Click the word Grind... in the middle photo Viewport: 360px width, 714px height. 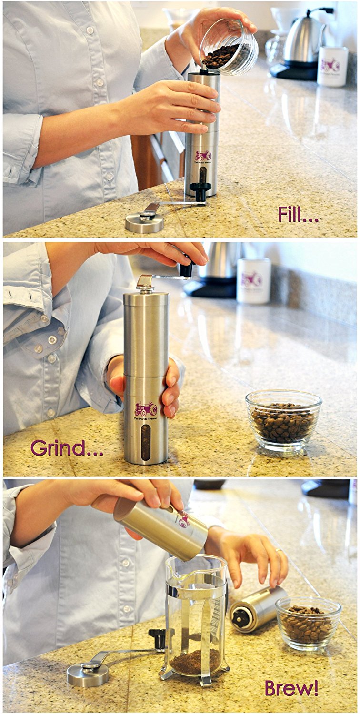(66, 448)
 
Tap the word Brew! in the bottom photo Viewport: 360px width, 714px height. (291, 688)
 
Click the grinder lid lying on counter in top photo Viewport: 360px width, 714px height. (144, 222)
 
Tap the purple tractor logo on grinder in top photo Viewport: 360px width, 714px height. (202, 156)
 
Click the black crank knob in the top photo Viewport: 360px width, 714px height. (200, 190)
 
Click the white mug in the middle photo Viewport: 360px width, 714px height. (253, 280)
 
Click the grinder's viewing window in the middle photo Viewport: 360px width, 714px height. (146, 442)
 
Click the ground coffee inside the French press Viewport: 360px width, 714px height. (195, 662)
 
